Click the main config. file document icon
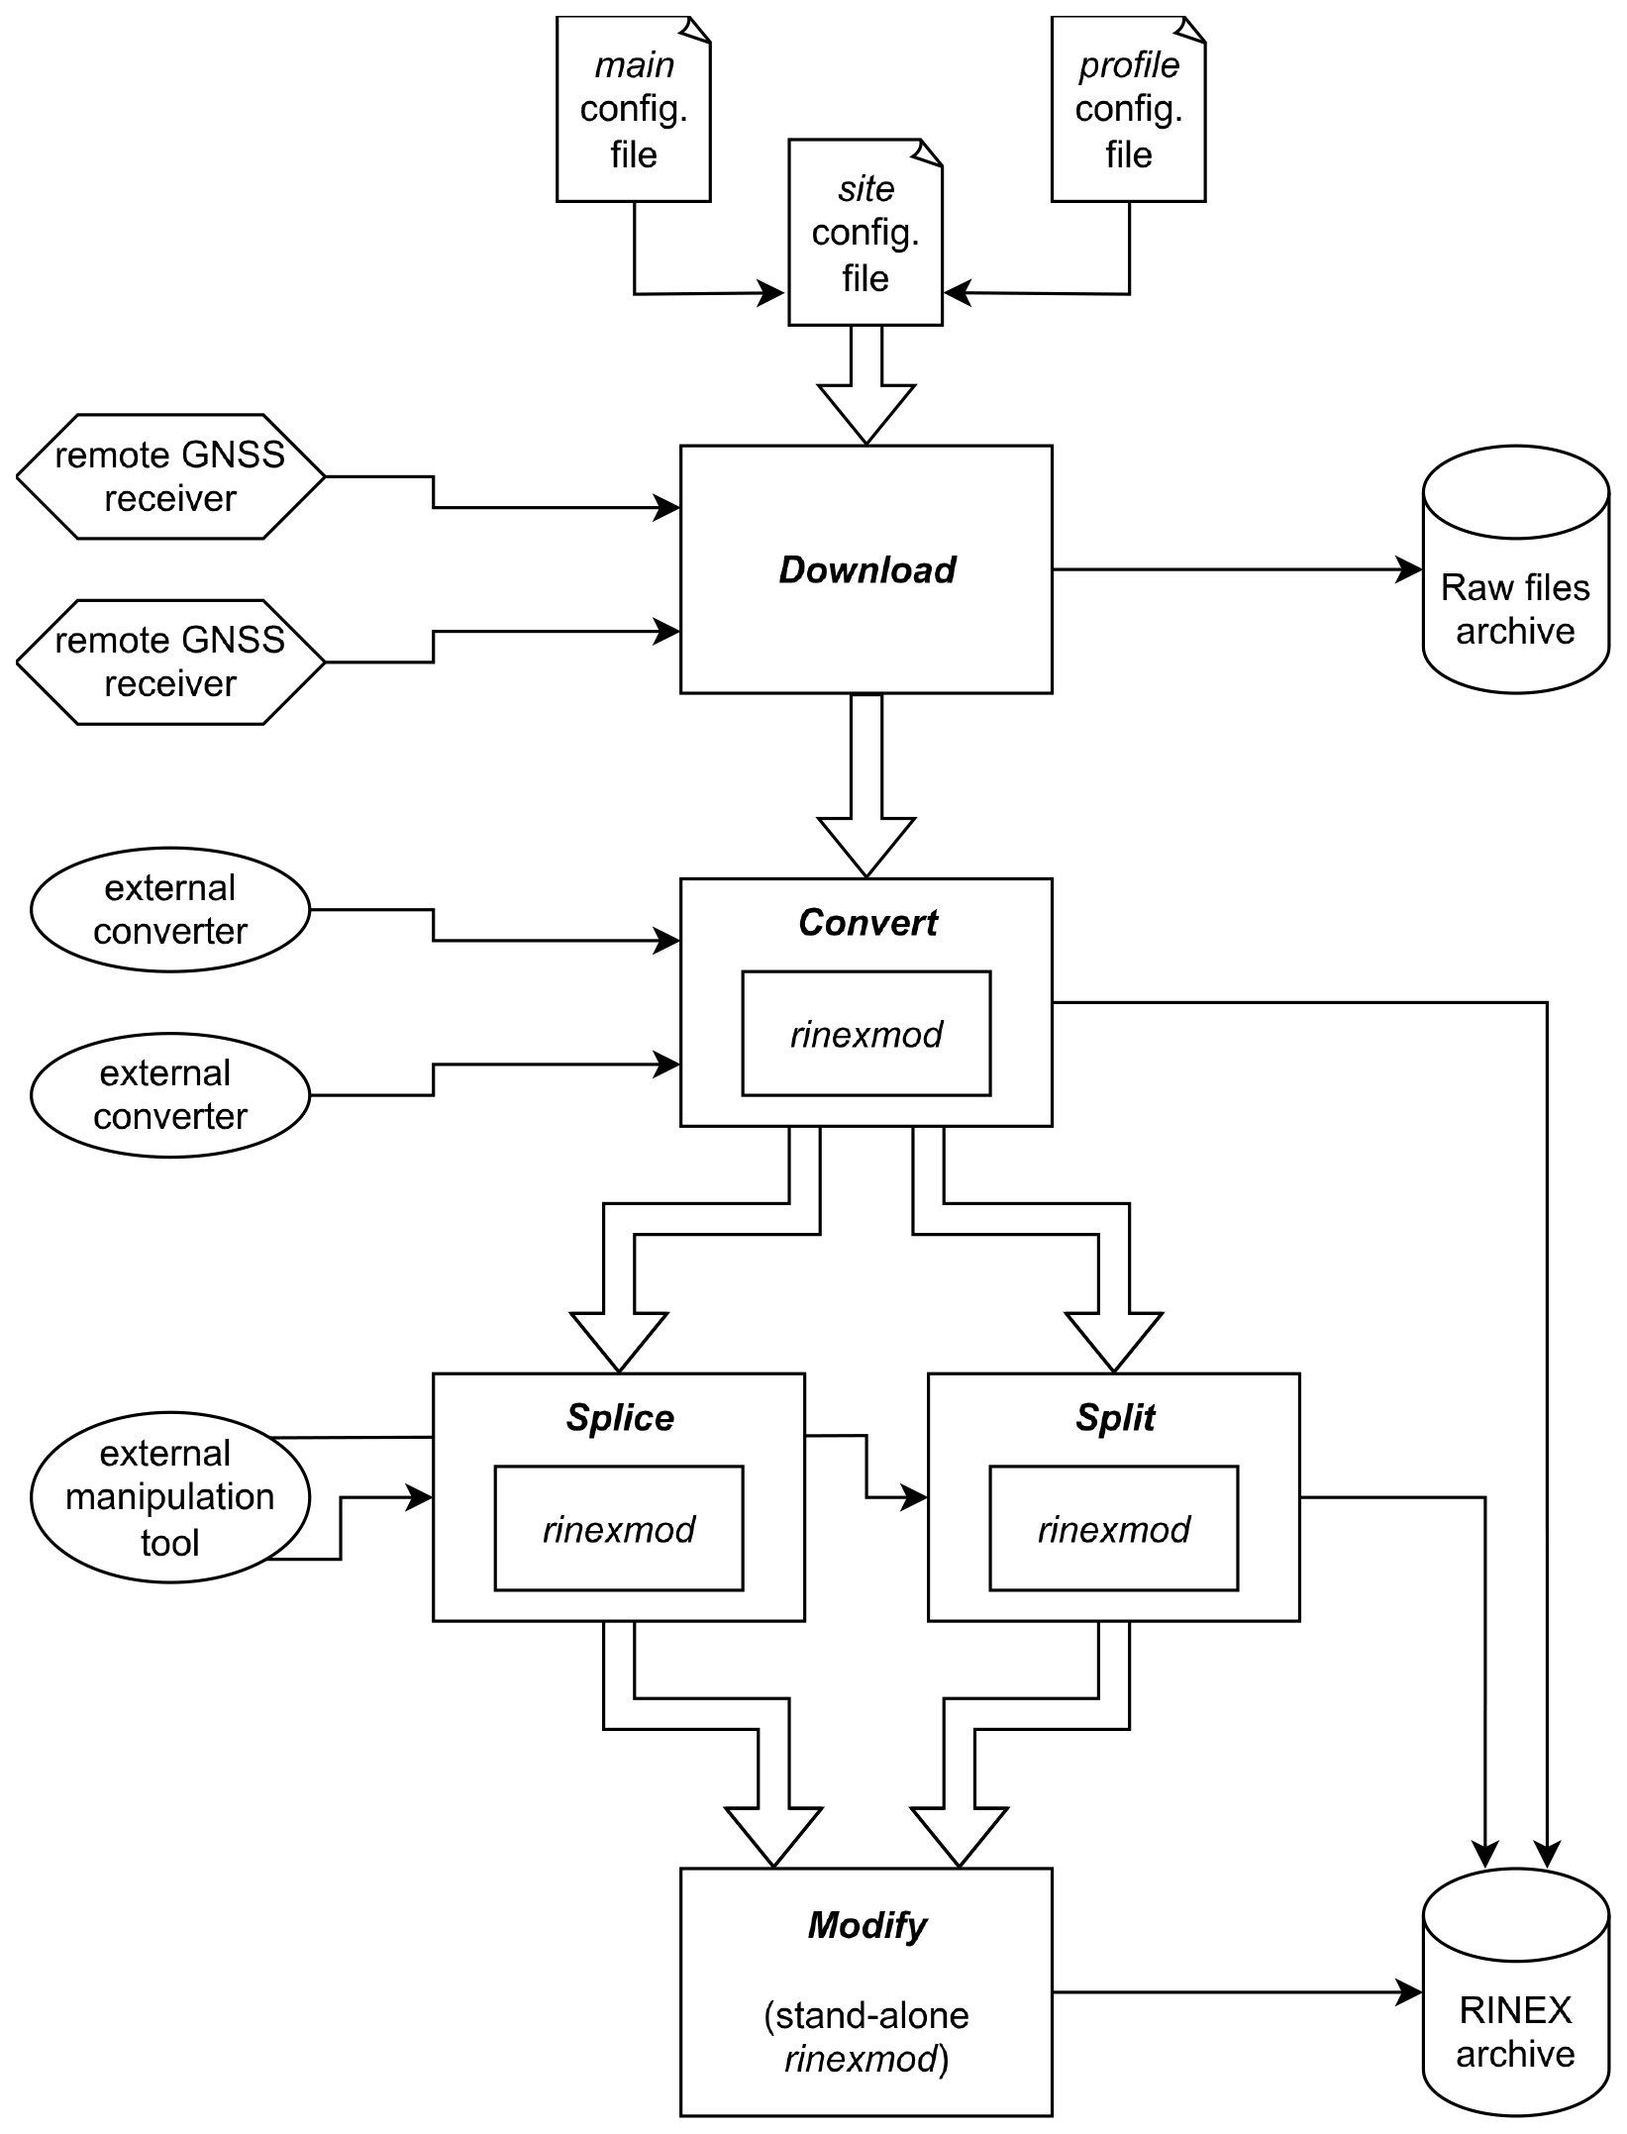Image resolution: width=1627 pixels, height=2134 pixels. click(x=633, y=109)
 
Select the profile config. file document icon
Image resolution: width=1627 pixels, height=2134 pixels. click(x=1128, y=109)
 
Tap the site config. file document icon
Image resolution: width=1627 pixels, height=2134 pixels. click(x=864, y=233)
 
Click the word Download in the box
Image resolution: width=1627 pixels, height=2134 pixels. click(x=866, y=569)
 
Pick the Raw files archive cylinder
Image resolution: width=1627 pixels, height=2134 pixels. click(x=1515, y=584)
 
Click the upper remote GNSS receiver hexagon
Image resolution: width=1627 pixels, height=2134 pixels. click(x=170, y=476)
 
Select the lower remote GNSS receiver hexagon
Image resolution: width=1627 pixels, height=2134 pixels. click(x=170, y=661)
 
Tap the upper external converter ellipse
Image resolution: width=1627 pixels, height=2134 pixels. click(x=170, y=909)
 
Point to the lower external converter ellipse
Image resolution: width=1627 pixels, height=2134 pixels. click(x=170, y=1094)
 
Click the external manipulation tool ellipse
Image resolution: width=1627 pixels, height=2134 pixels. click(x=170, y=1497)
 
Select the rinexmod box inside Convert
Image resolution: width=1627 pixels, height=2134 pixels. click(x=866, y=1034)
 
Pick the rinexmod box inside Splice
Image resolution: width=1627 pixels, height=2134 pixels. click(x=619, y=1529)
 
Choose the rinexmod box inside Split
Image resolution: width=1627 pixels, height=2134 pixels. click(x=1114, y=1529)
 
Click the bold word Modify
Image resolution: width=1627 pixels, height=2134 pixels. click(x=866, y=1925)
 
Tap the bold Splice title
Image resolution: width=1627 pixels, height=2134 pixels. click(x=620, y=1418)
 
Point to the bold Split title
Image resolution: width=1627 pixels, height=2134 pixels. click(x=1115, y=1418)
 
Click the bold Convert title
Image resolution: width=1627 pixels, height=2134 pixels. click(x=867, y=923)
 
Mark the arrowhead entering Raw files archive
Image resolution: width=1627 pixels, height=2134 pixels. click(x=1409, y=569)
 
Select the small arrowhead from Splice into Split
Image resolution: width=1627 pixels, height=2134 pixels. click(x=914, y=1497)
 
